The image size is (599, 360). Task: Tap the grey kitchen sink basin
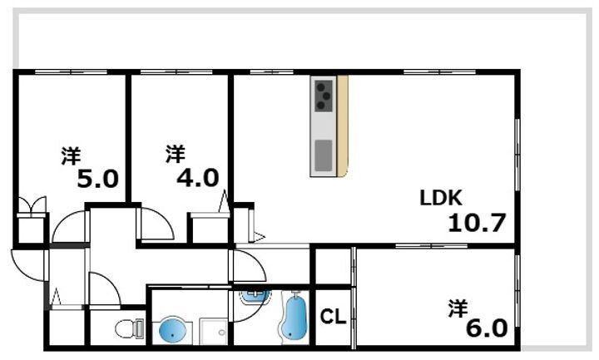[323, 154]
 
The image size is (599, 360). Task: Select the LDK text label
[440, 198]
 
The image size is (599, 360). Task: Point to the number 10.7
[477, 224]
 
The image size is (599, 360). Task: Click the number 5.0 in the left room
[99, 179]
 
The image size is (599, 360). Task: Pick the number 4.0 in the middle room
[197, 178]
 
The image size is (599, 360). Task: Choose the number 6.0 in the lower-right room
[487, 328]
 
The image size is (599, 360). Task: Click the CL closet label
[334, 317]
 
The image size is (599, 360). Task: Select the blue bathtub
[295, 317]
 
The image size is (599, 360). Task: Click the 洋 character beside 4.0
[175, 154]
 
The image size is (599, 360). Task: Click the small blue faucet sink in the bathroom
[253, 295]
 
